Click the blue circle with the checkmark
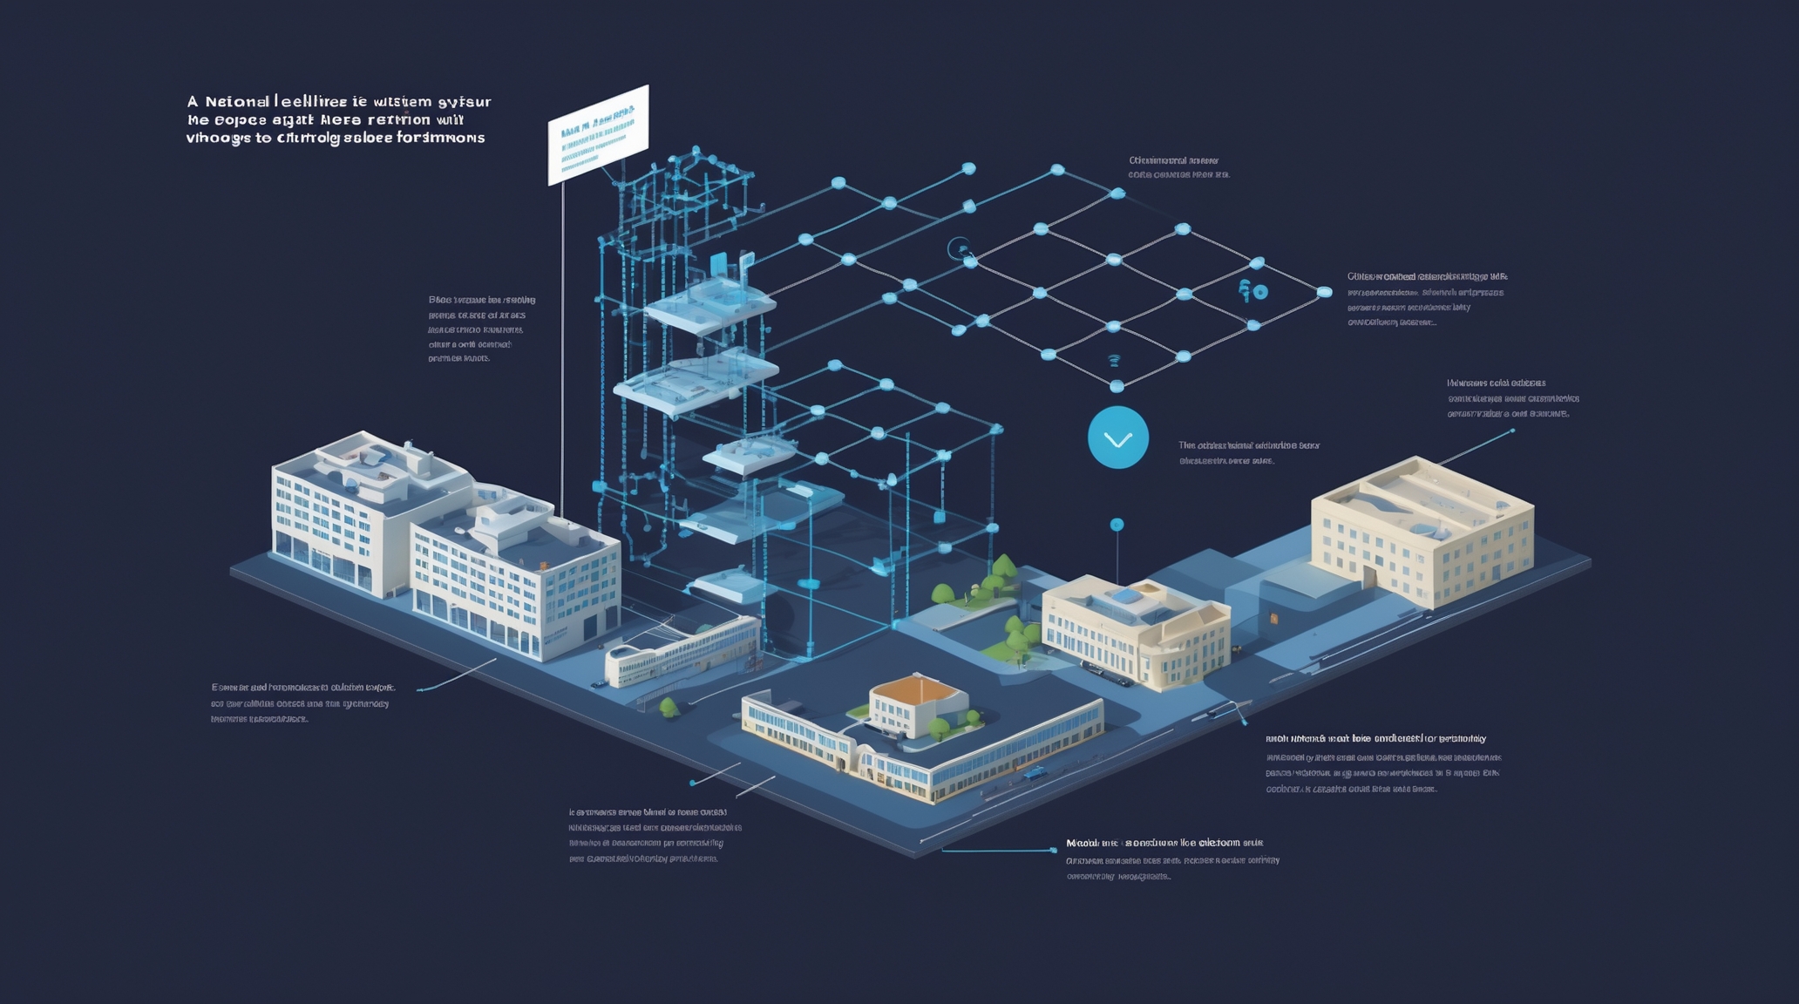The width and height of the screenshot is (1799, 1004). pos(1117,438)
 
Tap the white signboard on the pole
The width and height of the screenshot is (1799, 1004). pos(598,134)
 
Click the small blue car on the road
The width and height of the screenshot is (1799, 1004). pos(1035,772)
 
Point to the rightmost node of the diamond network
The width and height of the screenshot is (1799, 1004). pos(1324,292)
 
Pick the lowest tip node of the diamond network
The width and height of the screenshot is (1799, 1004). pos(1117,385)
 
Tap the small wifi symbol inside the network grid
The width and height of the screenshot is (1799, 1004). pos(1113,359)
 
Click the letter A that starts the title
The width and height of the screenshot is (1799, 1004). pos(193,102)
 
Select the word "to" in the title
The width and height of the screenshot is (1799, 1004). pos(262,138)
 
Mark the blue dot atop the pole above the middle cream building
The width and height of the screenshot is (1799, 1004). pos(1117,525)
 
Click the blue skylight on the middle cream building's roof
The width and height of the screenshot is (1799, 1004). pos(1124,596)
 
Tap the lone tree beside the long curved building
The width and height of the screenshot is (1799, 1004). pos(669,706)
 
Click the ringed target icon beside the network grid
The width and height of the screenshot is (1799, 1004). pos(959,249)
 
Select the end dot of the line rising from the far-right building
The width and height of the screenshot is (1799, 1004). pos(1512,431)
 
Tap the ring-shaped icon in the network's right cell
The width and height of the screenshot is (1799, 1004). pos(1260,293)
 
